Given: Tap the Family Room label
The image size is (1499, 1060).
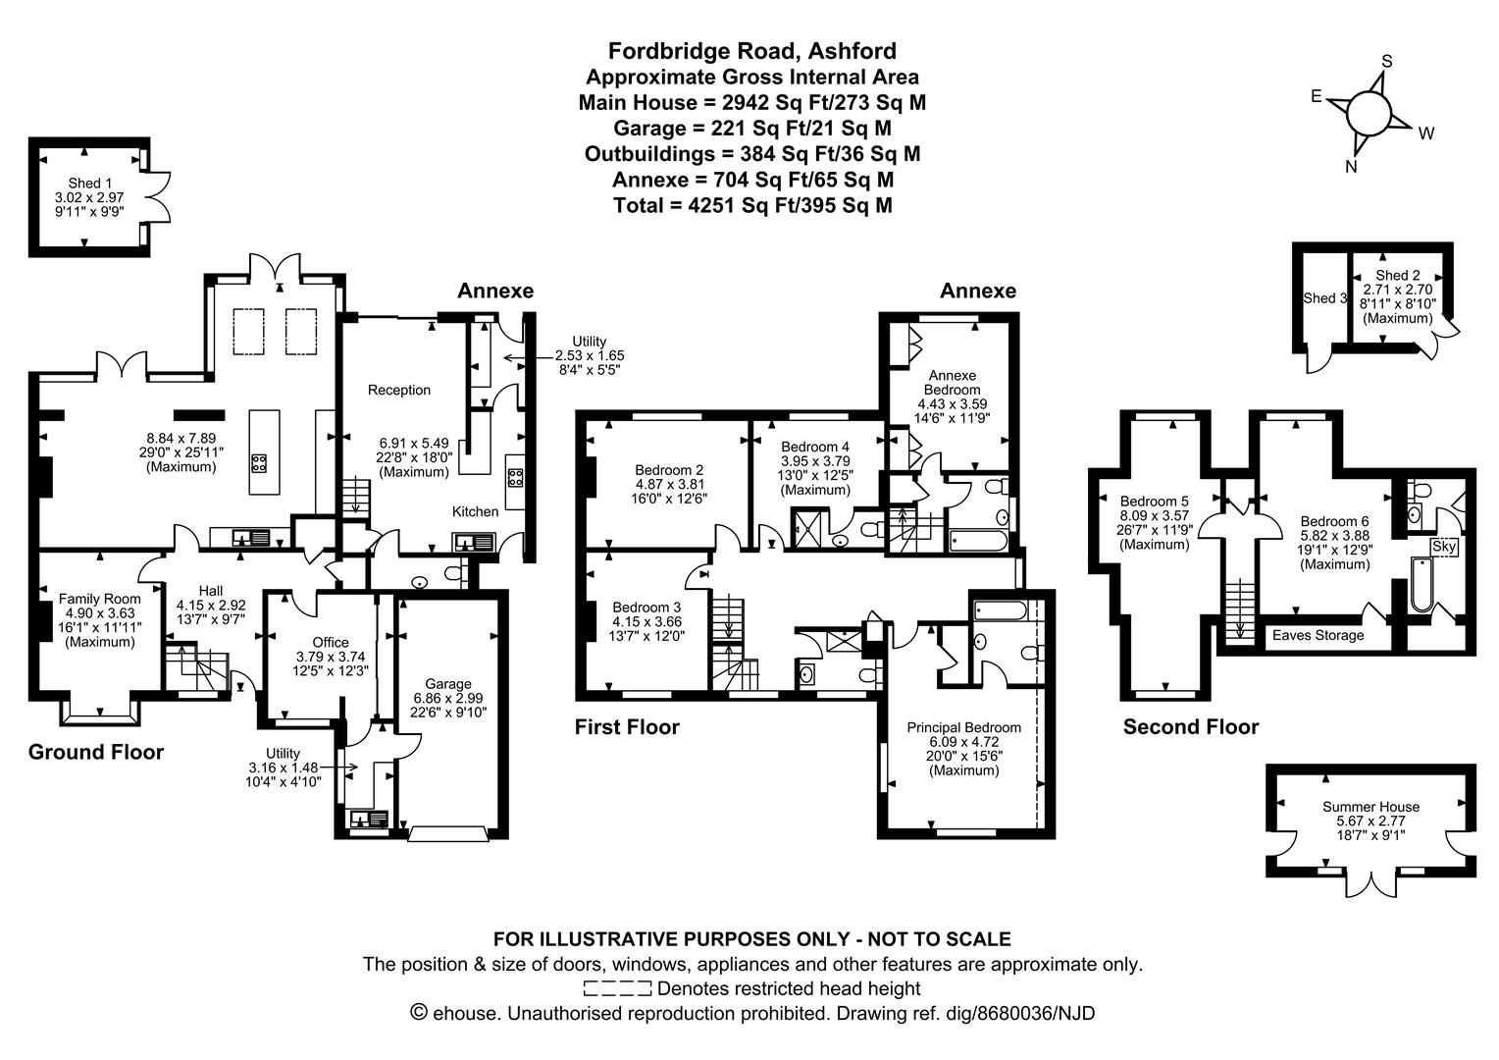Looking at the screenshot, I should tap(99, 599).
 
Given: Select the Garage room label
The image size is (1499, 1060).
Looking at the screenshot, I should tap(447, 684).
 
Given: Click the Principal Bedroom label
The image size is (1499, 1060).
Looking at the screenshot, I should tap(963, 727).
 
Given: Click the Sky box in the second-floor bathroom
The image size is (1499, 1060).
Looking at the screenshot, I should tap(1443, 547).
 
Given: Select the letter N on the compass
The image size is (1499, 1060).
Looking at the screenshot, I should tap(1351, 167).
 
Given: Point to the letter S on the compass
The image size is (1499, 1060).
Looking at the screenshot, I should tap(1386, 61).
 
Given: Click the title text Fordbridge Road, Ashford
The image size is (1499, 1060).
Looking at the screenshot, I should tap(751, 50).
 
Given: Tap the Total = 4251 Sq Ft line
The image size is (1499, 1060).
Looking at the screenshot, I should tap(751, 205).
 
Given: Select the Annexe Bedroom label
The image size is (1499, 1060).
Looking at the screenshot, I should tap(952, 383).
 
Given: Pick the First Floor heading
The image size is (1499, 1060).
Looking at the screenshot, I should tap(627, 727).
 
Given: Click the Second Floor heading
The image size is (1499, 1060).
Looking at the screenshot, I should tap(1190, 727).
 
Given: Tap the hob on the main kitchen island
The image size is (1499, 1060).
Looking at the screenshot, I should tap(260, 463).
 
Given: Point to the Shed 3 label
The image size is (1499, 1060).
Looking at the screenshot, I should tap(1324, 298).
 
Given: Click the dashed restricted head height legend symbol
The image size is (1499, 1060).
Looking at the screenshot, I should tap(617, 988).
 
